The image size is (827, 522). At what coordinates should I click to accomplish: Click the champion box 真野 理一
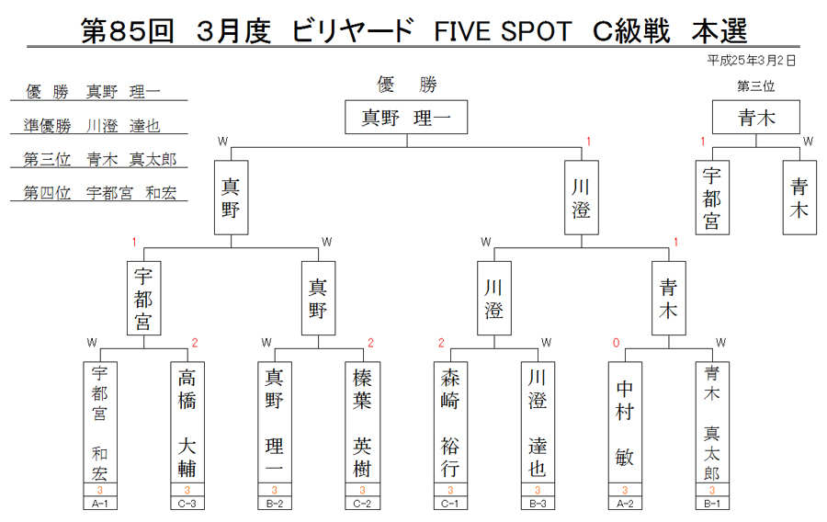pyautogui.click(x=406, y=117)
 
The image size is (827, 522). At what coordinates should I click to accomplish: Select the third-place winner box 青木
pyautogui.click(x=756, y=117)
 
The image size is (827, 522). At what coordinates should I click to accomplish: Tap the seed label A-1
pyautogui.click(x=100, y=504)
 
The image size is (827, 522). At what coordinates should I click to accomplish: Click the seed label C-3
pyautogui.click(x=187, y=504)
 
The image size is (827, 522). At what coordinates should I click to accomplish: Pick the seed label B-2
pyautogui.click(x=275, y=504)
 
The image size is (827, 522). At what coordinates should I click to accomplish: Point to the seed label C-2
pyautogui.click(x=362, y=504)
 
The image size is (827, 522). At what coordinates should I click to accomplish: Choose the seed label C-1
pyautogui.click(x=450, y=504)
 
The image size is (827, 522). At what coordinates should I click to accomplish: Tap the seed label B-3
pyautogui.click(x=538, y=504)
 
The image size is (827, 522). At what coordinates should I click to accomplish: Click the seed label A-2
pyautogui.click(x=625, y=504)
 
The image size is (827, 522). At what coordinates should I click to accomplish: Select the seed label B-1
pyautogui.click(x=712, y=504)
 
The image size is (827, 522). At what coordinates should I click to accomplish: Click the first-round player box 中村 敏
pyautogui.click(x=625, y=423)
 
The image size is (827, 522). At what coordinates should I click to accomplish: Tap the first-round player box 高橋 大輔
pyautogui.click(x=187, y=423)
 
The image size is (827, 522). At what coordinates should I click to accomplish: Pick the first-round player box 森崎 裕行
pyautogui.click(x=450, y=423)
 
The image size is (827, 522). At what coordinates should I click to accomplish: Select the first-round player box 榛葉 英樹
pyautogui.click(x=362, y=423)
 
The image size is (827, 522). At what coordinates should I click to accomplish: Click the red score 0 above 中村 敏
pyautogui.click(x=616, y=343)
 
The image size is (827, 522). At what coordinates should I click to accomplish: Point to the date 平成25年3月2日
pyautogui.click(x=751, y=61)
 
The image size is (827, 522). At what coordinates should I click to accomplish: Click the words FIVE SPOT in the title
pyautogui.click(x=503, y=31)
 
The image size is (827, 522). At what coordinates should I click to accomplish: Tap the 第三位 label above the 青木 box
pyautogui.click(x=756, y=86)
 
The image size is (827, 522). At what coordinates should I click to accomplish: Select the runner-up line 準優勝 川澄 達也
pyautogui.click(x=92, y=126)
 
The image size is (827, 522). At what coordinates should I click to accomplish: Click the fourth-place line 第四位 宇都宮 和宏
pyautogui.click(x=99, y=193)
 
